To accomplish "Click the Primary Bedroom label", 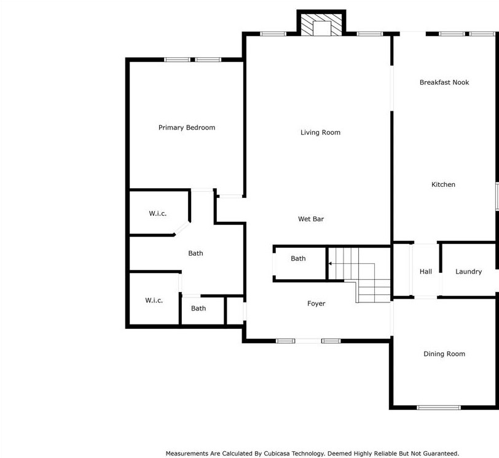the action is (x=187, y=128).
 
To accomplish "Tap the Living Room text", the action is (x=320, y=132).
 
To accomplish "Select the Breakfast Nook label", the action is (x=444, y=82).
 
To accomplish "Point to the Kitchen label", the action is (x=443, y=184).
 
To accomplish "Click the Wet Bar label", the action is (x=311, y=219).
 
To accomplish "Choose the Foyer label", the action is (x=316, y=304).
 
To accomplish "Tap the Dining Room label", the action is (x=444, y=354).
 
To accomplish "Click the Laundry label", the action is (x=468, y=272).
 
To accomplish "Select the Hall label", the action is (x=425, y=272).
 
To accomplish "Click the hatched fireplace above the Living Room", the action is (x=321, y=25).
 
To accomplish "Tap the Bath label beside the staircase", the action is (x=298, y=258).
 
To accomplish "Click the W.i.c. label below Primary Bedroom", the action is (x=157, y=213).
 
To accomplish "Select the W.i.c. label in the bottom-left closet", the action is (x=154, y=300).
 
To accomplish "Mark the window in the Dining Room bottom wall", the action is (x=439, y=408).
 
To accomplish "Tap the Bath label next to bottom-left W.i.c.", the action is (x=198, y=309).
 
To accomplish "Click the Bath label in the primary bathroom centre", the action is (x=195, y=253).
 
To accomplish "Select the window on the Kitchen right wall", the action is (x=497, y=196).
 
